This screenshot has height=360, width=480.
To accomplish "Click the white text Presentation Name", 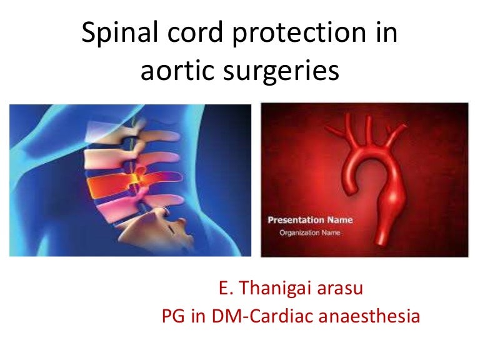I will tap(310, 220).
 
